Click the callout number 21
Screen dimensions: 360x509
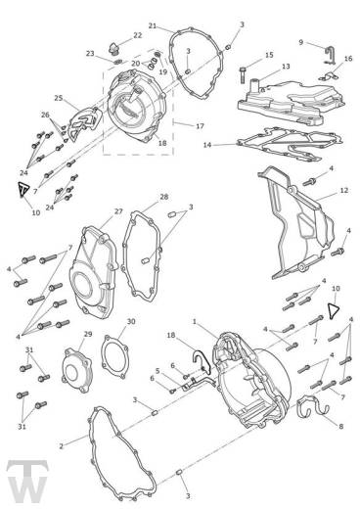(x=153, y=25)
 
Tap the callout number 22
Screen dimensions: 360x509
(x=138, y=35)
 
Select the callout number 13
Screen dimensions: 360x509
(x=286, y=67)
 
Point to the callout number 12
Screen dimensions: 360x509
(x=344, y=190)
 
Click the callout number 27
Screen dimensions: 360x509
(x=118, y=211)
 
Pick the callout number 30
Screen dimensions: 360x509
(x=131, y=321)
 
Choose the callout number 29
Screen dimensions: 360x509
(x=88, y=334)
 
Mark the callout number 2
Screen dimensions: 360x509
(x=61, y=446)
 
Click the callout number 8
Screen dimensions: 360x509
(x=341, y=426)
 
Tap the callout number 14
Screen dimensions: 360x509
(x=207, y=145)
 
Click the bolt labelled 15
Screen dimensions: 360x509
(x=244, y=74)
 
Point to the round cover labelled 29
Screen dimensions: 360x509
(x=77, y=370)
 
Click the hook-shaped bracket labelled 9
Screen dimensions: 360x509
(x=329, y=55)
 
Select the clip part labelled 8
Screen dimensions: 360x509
(x=313, y=405)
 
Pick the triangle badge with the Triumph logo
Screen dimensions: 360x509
(x=23, y=189)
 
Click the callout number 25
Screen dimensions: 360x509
(x=59, y=98)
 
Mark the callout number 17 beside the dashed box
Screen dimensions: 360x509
(x=200, y=126)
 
